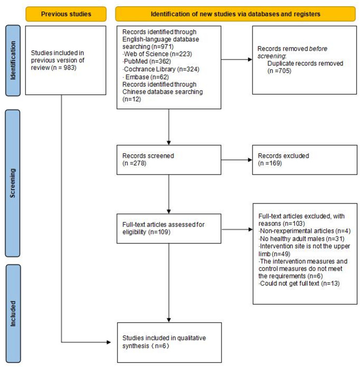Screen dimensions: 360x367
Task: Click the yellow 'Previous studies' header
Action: (x=66, y=14)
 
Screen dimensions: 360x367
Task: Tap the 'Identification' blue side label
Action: (x=13, y=60)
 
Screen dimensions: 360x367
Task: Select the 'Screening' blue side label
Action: (x=13, y=183)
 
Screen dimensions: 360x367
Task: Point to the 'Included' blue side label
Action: (x=13, y=314)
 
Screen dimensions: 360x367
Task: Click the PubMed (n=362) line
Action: (x=147, y=61)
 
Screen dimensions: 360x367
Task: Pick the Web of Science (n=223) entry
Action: (x=157, y=54)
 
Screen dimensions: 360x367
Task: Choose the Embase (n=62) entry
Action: (x=146, y=77)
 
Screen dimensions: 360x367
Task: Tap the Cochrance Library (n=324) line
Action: (x=161, y=69)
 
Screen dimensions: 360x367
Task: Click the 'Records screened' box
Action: (x=169, y=160)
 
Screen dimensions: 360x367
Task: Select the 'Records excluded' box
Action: (x=305, y=160)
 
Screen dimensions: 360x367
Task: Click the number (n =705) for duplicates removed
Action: (x=279, y=71)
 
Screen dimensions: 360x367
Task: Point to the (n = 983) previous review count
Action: (x=64, y=68)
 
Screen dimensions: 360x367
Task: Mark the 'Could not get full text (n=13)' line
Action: (x=299, y=283)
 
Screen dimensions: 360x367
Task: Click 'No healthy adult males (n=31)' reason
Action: (x=301, y=239)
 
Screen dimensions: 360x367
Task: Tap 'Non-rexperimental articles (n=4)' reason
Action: (x=304, y=231)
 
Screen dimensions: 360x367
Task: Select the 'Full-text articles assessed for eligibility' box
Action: (x=169, y=229)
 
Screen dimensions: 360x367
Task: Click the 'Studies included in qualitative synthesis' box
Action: (x=169, y=342)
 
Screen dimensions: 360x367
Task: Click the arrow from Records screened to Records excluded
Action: (x=237, y=160)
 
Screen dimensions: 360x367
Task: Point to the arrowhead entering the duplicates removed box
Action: (x=250, y=59)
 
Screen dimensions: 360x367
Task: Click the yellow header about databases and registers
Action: (x=235, y=14)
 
